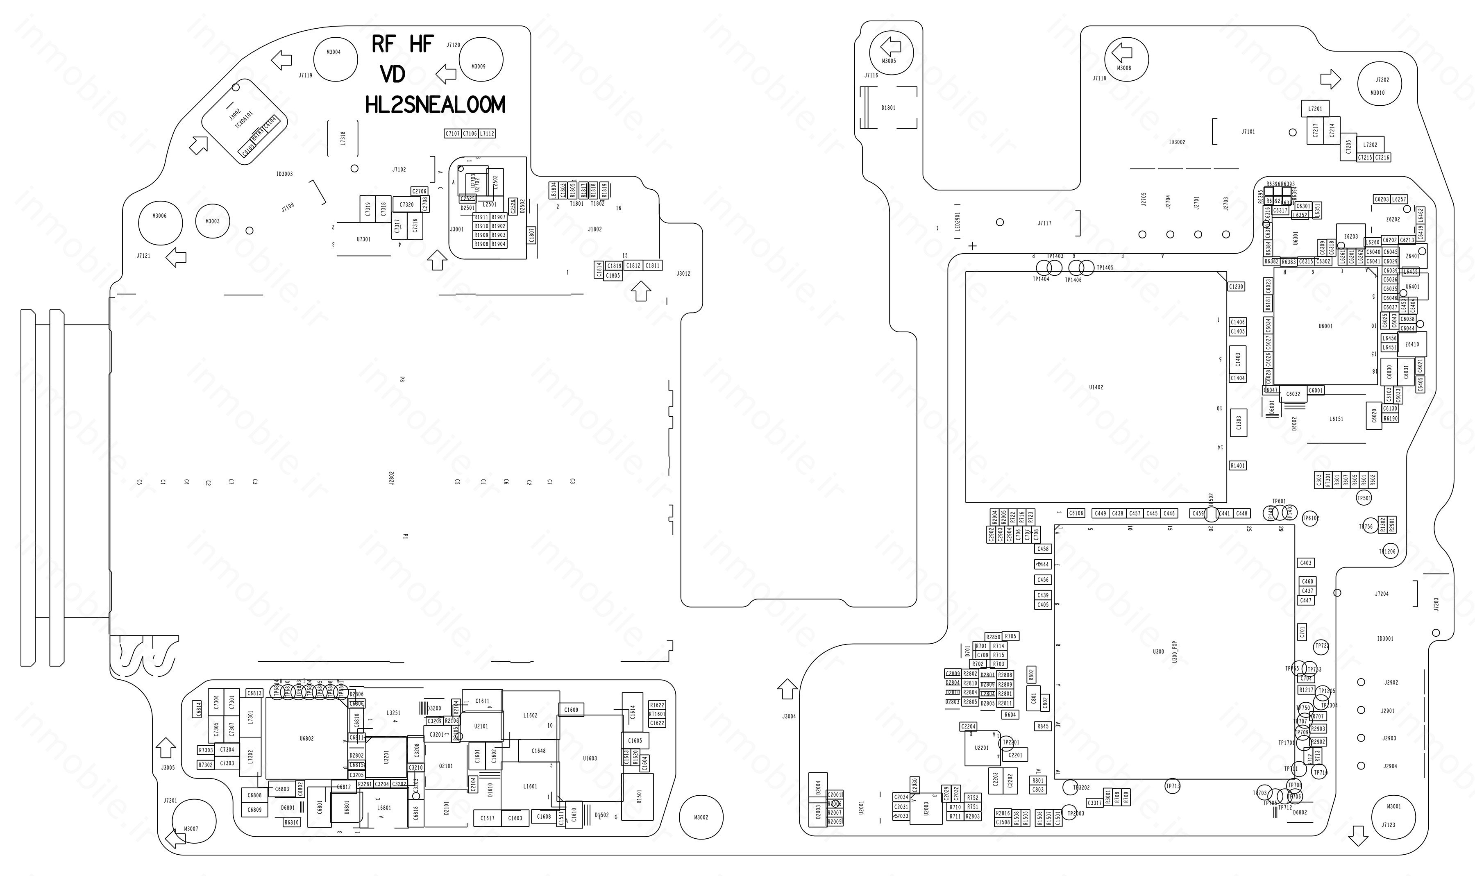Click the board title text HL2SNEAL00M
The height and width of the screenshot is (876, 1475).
(x=435, y=105)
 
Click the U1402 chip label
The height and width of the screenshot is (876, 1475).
(x=1096, y=387)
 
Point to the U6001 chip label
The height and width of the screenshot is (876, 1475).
(x=1325, y=326)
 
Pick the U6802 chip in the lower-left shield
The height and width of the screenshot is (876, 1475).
(x=306, y=738)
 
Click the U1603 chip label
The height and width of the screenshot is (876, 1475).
(x=590, y=758)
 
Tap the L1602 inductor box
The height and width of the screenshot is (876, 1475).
(x=531, y=715)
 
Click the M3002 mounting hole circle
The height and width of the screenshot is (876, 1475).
(x=701, y=817)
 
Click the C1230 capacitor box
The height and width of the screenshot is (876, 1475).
(x=1236, y=286)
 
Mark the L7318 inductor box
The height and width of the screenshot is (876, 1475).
(x=343, y=138)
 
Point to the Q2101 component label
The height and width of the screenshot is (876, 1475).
(x=446, y=766)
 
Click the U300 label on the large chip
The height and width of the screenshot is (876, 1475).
(x=1159, y=652)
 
